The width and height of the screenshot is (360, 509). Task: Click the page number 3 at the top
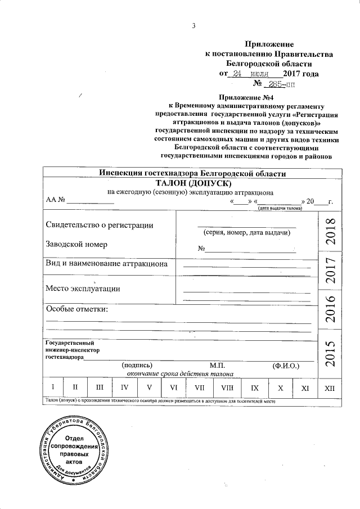193,25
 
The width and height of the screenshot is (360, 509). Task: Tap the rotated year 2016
330,309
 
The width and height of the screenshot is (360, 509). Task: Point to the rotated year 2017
330,270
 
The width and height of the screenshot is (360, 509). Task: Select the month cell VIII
227,388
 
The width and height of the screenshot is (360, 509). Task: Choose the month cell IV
124,388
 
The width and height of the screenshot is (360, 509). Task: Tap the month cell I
52,388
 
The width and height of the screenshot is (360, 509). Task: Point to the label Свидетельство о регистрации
99,225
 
